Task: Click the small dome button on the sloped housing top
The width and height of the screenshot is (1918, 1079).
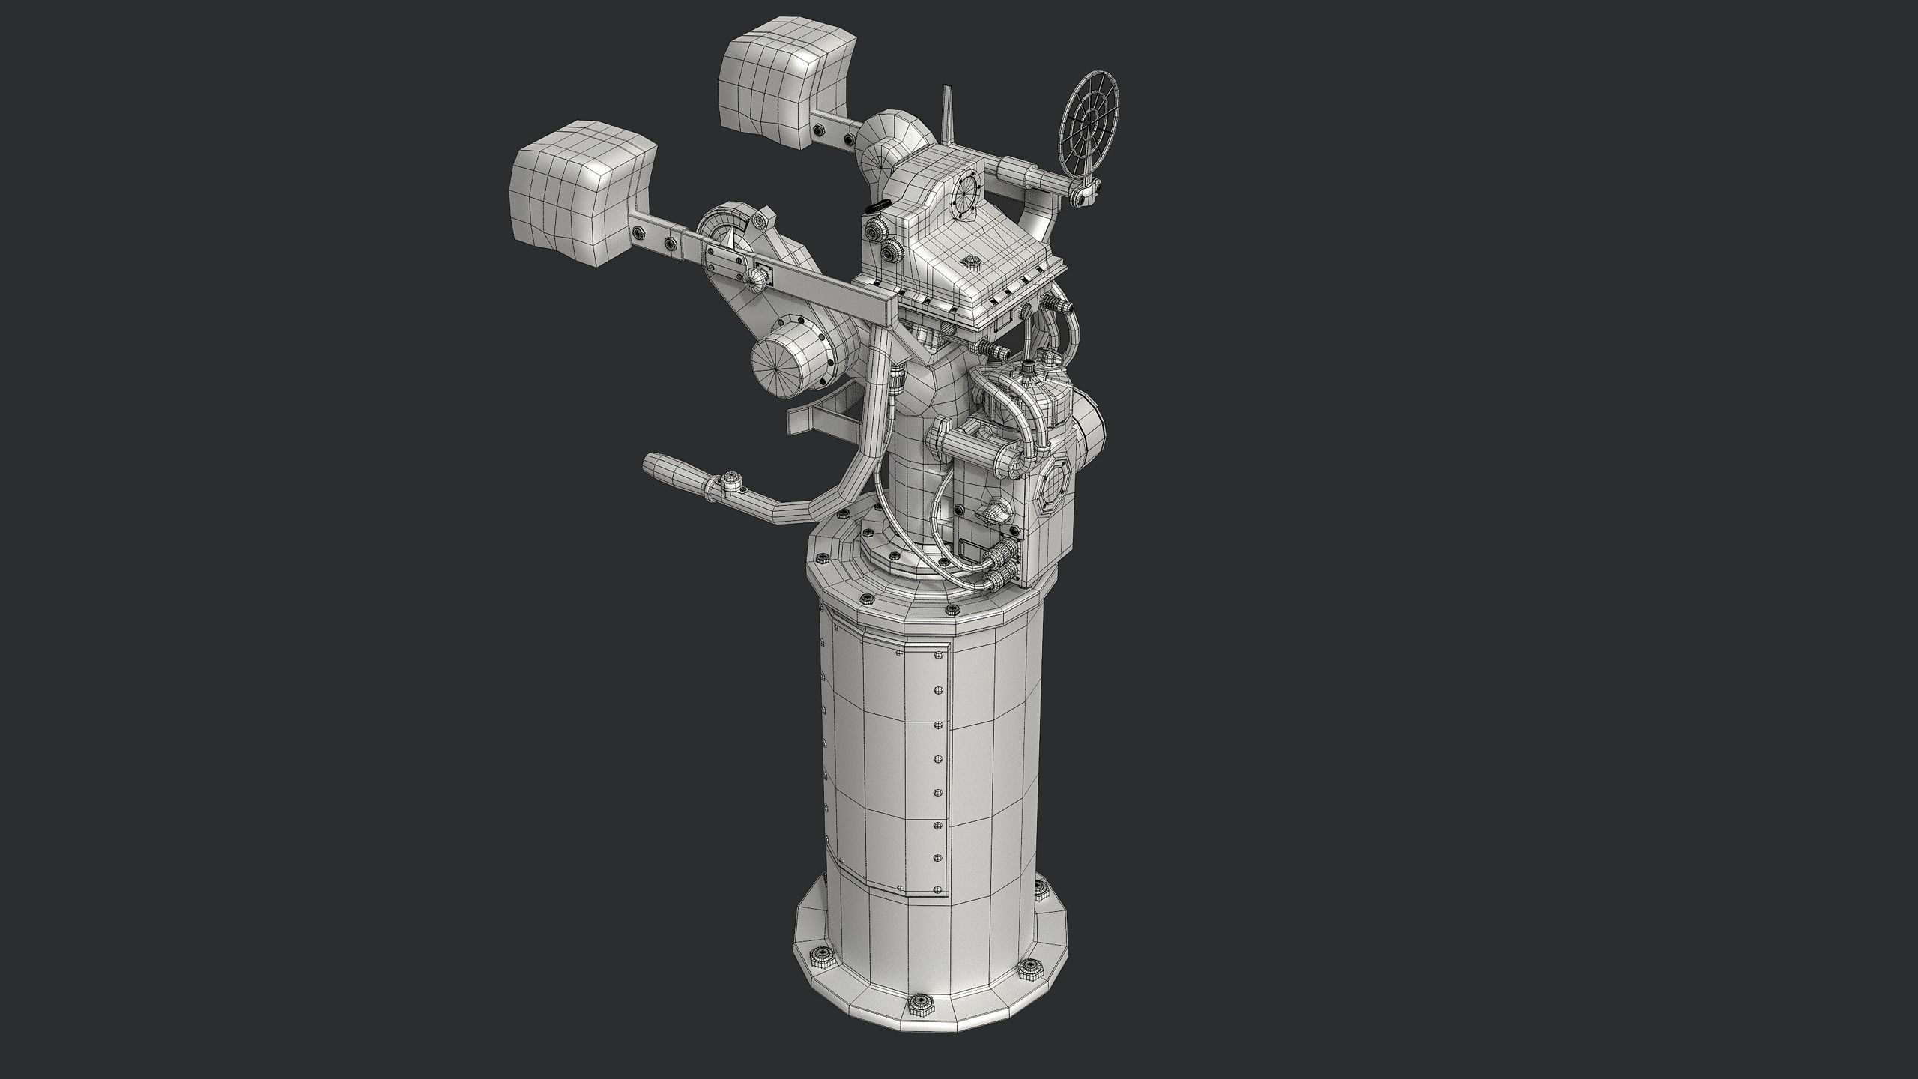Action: coord(972,262)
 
